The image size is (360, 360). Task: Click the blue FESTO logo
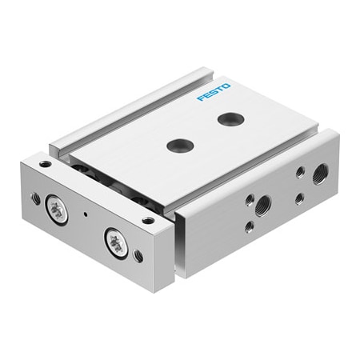[214, 92]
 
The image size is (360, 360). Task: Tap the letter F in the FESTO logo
[201, 98]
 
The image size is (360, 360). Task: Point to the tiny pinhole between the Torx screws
[85, 215]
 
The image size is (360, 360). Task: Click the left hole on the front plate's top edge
[45, 164]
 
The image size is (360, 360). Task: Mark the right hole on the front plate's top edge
[147, 219]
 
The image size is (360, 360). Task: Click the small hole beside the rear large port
[300, 172]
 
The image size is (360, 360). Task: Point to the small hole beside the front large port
[250, 200]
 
